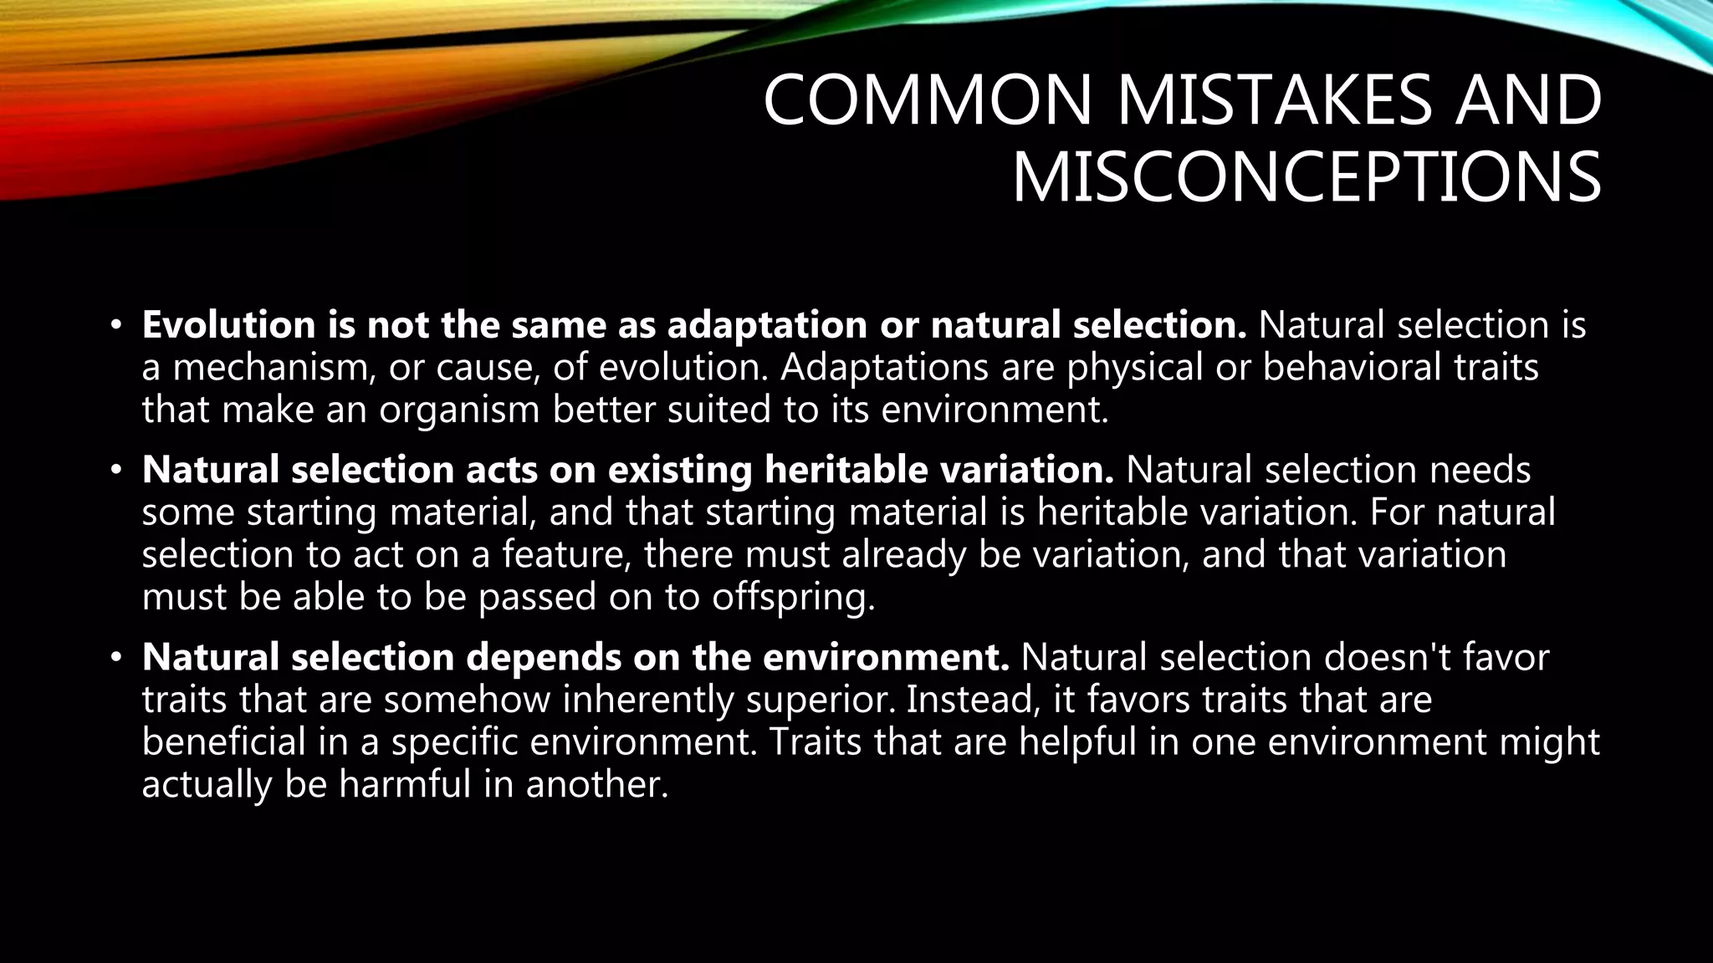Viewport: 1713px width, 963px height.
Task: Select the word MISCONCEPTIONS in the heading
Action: [x=1306, y=178]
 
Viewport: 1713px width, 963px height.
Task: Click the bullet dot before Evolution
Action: [x=116, y=325]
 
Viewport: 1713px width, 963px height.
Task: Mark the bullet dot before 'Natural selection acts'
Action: [x=116, y=470]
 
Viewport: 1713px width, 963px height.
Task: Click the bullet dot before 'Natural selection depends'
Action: [x=116, y=657]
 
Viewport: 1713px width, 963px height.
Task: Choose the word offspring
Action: [x=792, y=597]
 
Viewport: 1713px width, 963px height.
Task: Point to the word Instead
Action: [x=973, y=700]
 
